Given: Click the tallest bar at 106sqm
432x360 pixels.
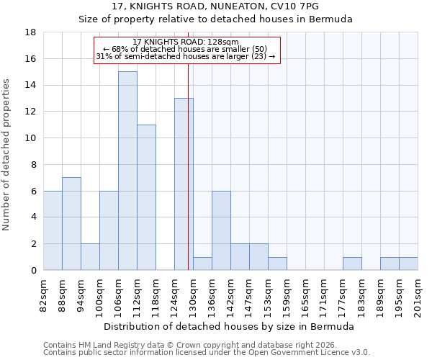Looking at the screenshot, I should [x=127, y=171].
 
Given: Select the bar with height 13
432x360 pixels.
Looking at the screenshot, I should [x=184, y=184].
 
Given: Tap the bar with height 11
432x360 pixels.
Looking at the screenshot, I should [x=146, y=197].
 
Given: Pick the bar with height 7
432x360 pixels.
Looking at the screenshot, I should [x=71, y=224].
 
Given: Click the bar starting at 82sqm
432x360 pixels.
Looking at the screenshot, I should [x=53, y=230].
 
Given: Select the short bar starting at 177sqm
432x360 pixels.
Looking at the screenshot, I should [x=352, y=264].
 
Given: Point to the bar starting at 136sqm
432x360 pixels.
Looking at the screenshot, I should [x=221, y=230].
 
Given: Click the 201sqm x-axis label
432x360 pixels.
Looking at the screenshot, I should [x=419, y=295].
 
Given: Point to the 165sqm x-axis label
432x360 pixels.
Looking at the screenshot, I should [x=307, y=295].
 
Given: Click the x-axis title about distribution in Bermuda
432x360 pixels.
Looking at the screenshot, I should [x=230, y=327].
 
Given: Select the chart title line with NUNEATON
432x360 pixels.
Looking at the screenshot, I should [x=215, y=6].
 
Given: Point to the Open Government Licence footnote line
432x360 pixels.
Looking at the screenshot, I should [x=207, y=353].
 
